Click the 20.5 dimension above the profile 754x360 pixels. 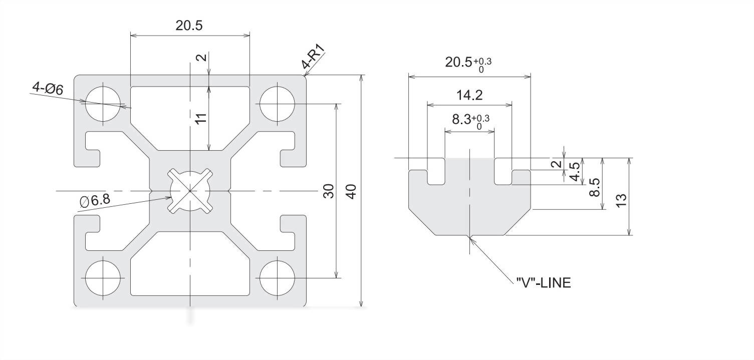tap(189, 26)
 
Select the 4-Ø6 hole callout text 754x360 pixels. tap(48, 89)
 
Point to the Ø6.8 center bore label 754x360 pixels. tap(95, 201)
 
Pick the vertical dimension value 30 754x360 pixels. tap(328, 191)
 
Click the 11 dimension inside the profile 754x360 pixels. tap(200, 119)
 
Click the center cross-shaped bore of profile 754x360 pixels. tap(190, 191)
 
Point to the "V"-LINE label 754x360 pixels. tap(543, 283)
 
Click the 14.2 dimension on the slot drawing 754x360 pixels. tap(469, 95)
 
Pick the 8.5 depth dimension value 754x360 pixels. tap(595, 187)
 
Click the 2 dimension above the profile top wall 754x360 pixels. tap(201, 58)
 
